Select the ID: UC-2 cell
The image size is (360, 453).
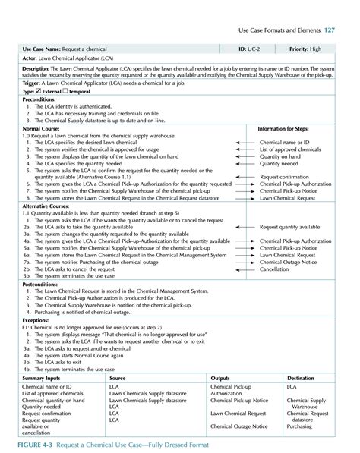250,48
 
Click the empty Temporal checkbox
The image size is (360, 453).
65,90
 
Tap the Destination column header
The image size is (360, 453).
302,377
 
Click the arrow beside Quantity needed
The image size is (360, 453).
245,162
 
